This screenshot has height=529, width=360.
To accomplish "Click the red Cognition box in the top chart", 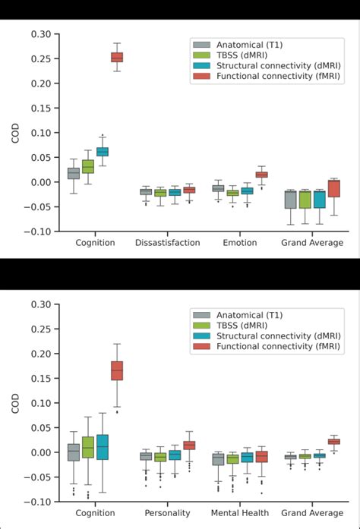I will [117, 57].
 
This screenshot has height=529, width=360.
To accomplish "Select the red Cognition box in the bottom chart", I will [117, 370].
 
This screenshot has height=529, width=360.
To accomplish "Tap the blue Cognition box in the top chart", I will [102, 152].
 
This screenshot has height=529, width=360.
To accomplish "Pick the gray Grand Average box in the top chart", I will [290, 199].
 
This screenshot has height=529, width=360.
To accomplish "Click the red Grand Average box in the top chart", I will [333, 188].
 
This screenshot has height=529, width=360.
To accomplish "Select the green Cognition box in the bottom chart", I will [87, 447].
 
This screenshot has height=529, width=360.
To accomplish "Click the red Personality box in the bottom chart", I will [189, 446].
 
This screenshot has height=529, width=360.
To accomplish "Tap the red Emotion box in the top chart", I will [261, 175].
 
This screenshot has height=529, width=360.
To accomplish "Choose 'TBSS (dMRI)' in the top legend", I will [242, 55].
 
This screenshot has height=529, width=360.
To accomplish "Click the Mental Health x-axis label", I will [239, 513].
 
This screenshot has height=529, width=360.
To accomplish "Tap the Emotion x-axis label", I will [240, 243].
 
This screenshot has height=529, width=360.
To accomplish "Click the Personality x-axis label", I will [167, 513].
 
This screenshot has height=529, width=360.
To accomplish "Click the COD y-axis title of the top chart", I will [16, 133].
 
